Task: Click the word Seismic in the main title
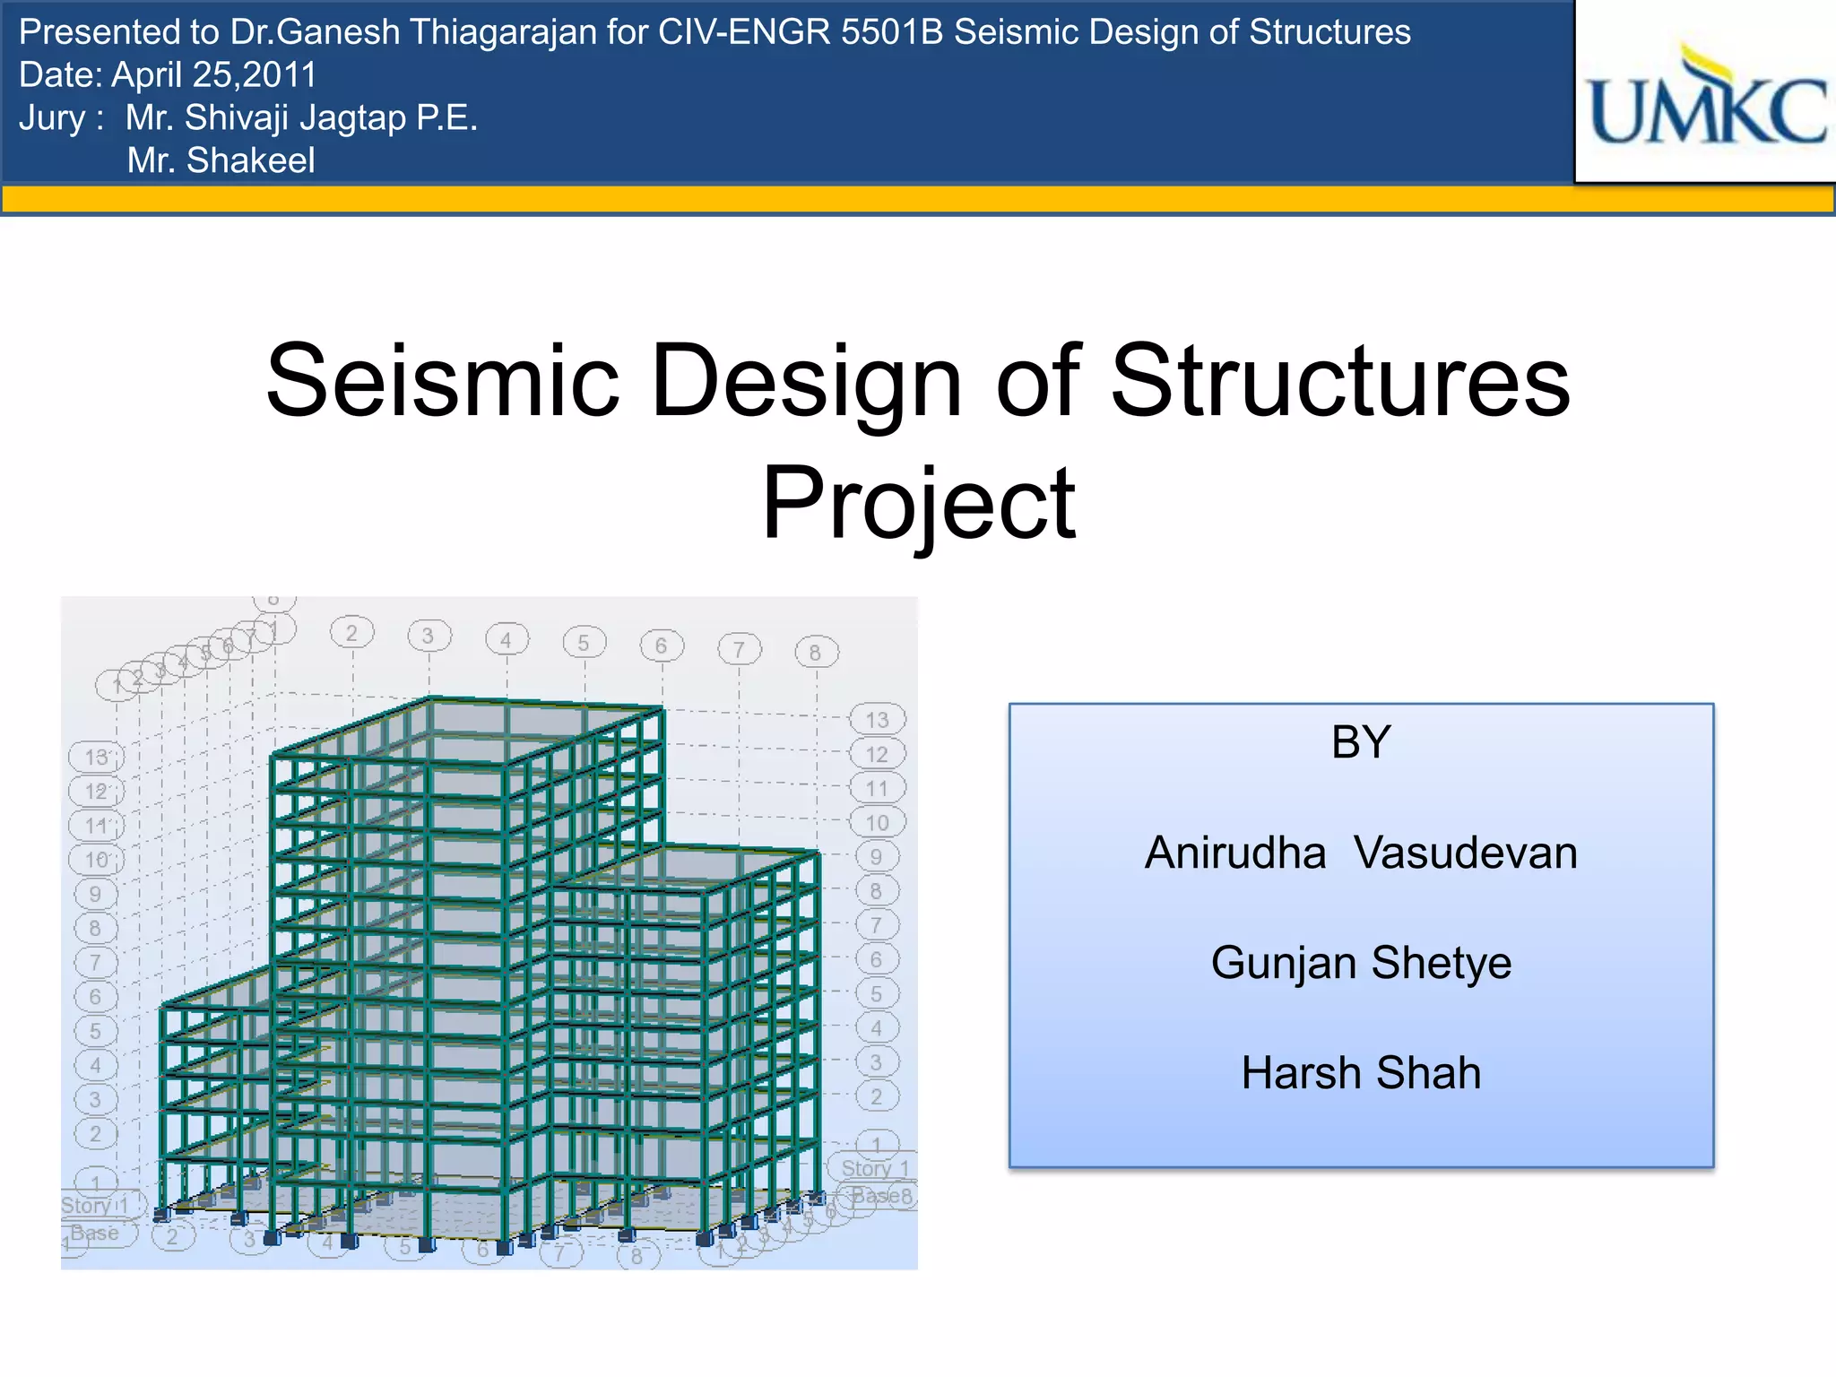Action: tap(443, 381)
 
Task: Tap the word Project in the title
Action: tap(918, 504)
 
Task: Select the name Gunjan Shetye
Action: tap(1361, 963)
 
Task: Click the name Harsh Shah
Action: tap(1361, 1073)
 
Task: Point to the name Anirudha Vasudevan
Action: tap(1361, 853)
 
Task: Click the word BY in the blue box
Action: tap(1361, 742)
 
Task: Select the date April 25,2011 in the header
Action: tap(213, 75)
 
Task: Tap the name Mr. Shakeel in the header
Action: tap(221, 160)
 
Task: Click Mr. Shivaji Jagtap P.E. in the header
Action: tap(301, 117)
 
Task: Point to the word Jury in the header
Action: tap(52, 117)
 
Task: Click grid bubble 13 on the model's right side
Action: tap(878, 719)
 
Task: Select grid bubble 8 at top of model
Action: tap(816, 653)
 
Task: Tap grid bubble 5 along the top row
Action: tap(584, 643)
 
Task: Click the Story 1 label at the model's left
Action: tap(94, 1205)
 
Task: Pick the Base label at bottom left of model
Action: tap(96, 1233)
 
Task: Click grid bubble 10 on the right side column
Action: tap(878, 822)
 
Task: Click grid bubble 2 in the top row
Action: tap(351, 633)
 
